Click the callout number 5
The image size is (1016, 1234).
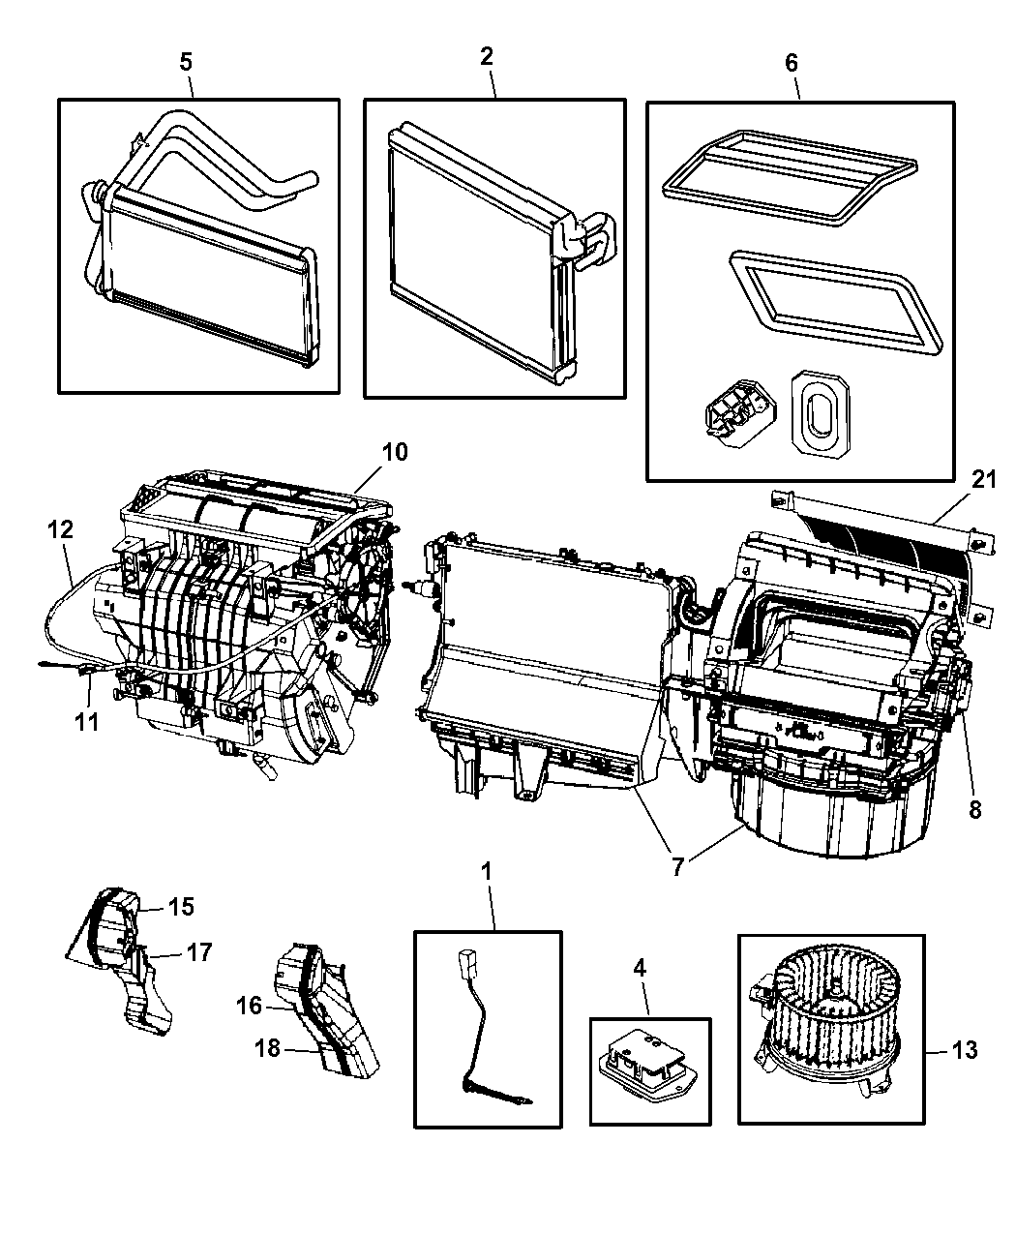tap(186, 60)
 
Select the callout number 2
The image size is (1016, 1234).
tap(487, 56)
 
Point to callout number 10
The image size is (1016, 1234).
tap(395, 451)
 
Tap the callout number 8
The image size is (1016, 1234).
tap(974, 809)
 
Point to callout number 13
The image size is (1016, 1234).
tap(964, 1049)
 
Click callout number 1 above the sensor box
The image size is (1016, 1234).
tap(487, 871)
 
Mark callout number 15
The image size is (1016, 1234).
tap(181, 907)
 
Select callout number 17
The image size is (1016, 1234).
tap(199, 952)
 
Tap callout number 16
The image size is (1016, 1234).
tap(249, 1006)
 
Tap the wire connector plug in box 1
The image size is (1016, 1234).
tap(463, 967)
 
